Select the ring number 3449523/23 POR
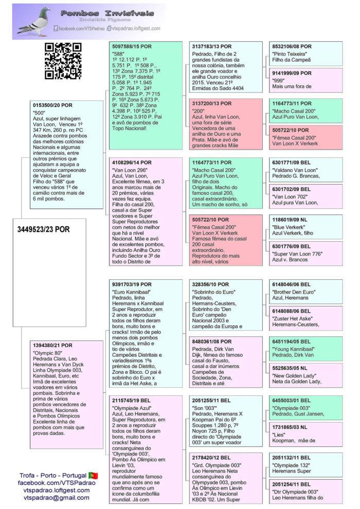(48, 229)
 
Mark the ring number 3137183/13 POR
(211, 46)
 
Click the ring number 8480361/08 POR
(211, 341)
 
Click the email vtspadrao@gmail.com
(53, 498)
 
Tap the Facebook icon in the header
(56, 29)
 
